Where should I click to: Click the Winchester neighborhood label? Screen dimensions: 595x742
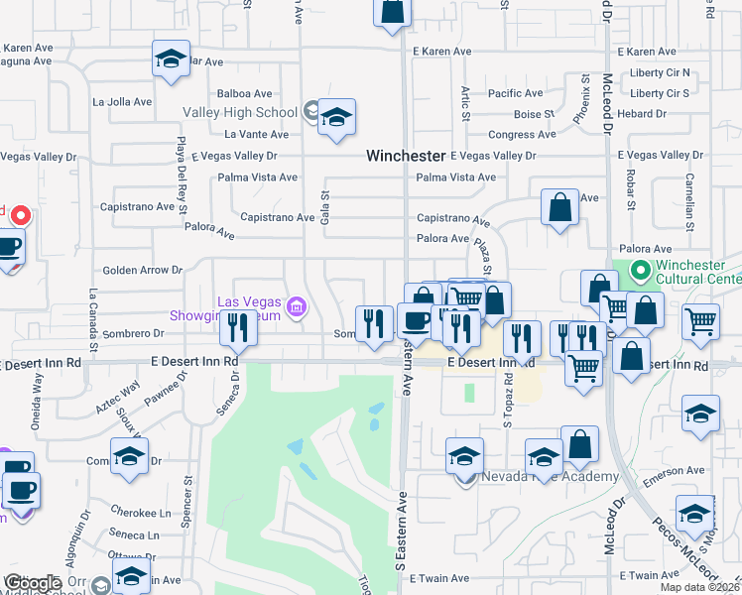click(x=405, y=156)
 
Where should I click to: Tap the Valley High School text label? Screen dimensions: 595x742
click(x=242, y=112)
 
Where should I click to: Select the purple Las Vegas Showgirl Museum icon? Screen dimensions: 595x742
click(x=296, y=308)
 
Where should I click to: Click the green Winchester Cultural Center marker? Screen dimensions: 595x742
click(x=640, y=269)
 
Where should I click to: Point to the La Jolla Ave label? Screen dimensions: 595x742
click(x=122, y=101)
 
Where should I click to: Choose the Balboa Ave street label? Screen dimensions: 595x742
click(x=244, y=93)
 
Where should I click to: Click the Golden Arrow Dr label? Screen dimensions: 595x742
click(x=144, y=270)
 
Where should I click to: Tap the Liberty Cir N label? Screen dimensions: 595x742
click(x=660, y=73)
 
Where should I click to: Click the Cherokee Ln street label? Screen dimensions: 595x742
click(x=140, y=513)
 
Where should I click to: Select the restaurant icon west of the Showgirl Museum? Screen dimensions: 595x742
click(x=237, y=328)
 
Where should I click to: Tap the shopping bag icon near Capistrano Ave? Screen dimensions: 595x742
click(x=559, y=208)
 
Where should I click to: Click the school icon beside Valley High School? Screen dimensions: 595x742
click(x=336, y=118)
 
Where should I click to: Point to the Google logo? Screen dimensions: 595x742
click(x=33, y=583)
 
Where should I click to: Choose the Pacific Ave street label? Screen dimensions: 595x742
click(x=516, y=93)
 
